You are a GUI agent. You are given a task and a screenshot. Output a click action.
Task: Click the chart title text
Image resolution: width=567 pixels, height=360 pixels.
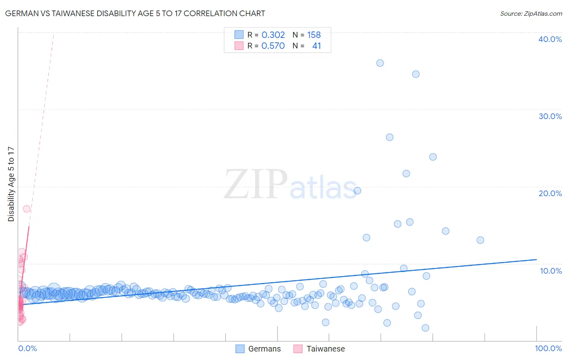point(135,13)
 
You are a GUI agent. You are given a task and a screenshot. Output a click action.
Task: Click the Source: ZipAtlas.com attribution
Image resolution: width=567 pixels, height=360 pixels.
point(531,13)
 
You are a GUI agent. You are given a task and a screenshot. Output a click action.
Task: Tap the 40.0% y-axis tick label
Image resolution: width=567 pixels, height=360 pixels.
point(550,39)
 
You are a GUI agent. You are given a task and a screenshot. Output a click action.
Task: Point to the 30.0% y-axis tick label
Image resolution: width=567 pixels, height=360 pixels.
point(550,116)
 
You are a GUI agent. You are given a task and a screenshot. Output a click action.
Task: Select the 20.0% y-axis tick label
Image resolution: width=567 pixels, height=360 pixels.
point(550,193)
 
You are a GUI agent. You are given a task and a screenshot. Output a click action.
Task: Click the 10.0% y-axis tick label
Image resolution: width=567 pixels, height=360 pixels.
point(551,271)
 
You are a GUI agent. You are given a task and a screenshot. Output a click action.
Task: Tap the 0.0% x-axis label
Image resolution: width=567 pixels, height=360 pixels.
point(27,348)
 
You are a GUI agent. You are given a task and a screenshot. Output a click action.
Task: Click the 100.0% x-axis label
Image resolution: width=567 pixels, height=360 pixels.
point(548,348)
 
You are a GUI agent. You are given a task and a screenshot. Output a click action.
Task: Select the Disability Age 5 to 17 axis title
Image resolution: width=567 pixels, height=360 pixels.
point(11,184)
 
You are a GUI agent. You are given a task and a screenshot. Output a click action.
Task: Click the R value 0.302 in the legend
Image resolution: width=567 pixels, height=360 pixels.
point(273,35)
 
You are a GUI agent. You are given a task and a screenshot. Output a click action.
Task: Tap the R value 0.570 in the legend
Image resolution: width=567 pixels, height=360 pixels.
point(273,46)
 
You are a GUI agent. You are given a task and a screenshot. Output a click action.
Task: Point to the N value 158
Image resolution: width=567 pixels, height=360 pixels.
point(314,35)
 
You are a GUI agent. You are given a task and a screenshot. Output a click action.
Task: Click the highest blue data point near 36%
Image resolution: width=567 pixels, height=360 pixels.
point(380,63)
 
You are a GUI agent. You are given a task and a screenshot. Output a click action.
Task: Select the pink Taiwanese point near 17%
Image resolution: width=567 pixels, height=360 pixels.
point(27,209)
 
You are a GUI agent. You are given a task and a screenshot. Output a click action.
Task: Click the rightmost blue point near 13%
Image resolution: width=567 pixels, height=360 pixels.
point(480,240)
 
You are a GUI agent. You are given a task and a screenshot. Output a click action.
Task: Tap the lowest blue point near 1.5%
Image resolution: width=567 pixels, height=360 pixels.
point(425,328)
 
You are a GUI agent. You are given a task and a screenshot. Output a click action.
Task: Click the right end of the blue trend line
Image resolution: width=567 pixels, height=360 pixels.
point(536,260)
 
